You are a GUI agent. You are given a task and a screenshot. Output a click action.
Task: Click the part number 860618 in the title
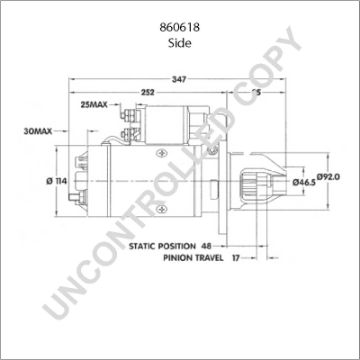point(179,28)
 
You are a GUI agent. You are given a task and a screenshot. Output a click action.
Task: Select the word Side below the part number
point(179,42)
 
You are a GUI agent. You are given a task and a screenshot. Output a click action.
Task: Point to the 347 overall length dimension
point(179,79)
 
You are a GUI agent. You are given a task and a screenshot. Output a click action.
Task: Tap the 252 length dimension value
point(148,93)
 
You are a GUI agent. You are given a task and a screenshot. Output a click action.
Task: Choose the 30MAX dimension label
point(38,131)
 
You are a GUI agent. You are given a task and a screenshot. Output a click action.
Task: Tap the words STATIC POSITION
point(160,245)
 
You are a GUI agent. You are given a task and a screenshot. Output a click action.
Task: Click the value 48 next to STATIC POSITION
point(206,245)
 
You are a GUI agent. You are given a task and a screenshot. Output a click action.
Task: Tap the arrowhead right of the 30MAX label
point(69,131)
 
